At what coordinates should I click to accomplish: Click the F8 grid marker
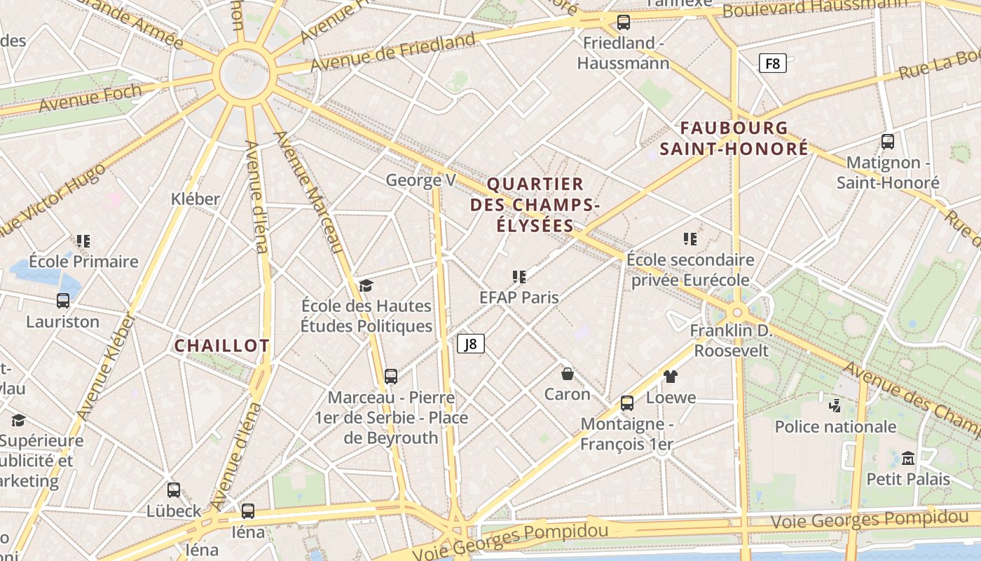pyautogui.click(x=772, y=64)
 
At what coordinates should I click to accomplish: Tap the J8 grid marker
pyautogui.click(x=471, y=344)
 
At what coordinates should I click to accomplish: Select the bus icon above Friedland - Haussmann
pyautogui.click(x=623, y=22)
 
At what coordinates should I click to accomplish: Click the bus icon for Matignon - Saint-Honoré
pyautogui.click(x=887, y=142)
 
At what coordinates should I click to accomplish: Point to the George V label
pyautogui.click(x=420, y=180)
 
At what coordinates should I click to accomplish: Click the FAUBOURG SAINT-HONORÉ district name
pyautogui.click(x=734, y=138)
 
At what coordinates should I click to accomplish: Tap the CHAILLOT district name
pyautogui.click(x=221, y=346)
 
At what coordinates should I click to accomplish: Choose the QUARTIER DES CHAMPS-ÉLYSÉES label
pyautogui.click(x=535, y=205)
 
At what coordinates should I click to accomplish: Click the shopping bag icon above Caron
pyautogui.click(x=568, y=374)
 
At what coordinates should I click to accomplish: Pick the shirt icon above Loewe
pyautogui.click(x=671, y=377)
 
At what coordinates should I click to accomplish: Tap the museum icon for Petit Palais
pyautogui.click(x=908, y=459)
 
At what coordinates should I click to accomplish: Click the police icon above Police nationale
pyautogui.click(x=835, y=405)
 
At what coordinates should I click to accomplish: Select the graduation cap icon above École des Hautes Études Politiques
pyautogui.click(x=366, y=285)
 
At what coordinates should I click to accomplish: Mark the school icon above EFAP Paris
pyautogui.click(x=519, y=277)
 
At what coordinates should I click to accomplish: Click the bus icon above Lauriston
pyautogui.click(x=63, y=301)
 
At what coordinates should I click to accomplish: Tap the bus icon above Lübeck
pyautogui.click(x=174, y=490)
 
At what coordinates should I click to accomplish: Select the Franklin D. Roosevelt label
pyautogui.click(x=731, y=340)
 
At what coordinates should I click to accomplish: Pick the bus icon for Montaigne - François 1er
pyautogui.click(x=627, y=403)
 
